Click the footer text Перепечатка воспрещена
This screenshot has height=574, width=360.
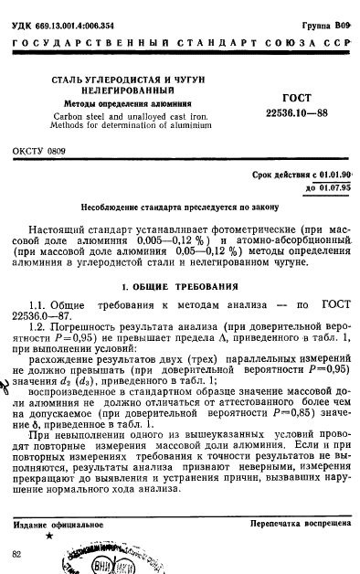coord(298,526)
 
